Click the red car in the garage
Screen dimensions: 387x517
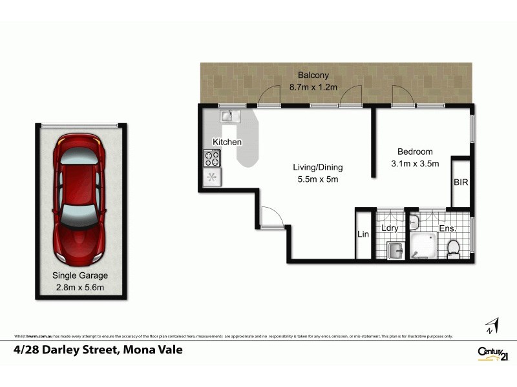(80, 199)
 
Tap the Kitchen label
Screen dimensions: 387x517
(227, 142)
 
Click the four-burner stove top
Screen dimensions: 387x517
(212, 157)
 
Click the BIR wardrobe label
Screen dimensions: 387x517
(460, 183)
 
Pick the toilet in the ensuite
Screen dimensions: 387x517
(453, 248)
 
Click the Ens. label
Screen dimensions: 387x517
(448, 228)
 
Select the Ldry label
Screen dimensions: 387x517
(390, 228)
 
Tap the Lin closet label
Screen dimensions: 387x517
(363, 235)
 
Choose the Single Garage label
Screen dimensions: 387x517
(80, 275)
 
